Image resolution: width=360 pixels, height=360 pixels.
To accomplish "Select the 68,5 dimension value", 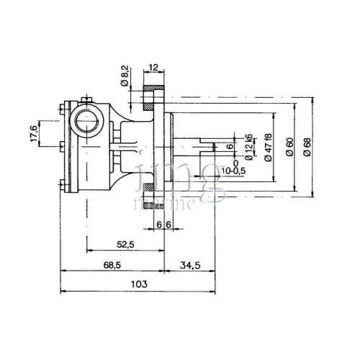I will (112, 264).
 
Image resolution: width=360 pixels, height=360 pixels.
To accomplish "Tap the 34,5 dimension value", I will (191, 264).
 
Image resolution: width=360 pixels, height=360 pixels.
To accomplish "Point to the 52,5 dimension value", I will (125, 245).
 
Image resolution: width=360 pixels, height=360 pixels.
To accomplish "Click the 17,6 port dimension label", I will (33, 135).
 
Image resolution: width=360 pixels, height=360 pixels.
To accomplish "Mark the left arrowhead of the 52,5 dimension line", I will (88, 251).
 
